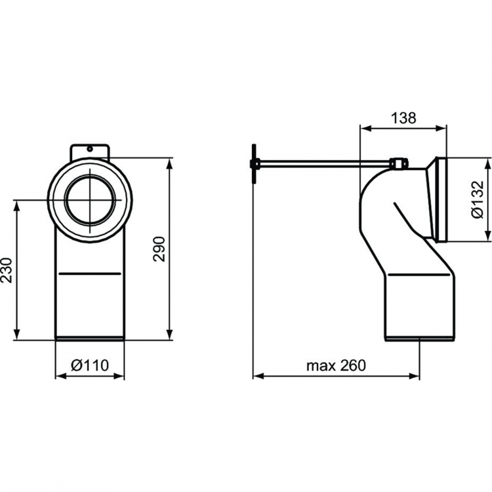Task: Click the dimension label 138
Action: [x=404, y=118]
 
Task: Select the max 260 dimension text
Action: [x=336, y=365]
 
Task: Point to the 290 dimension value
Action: [x=159, y=248]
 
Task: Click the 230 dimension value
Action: [x=7, y=270]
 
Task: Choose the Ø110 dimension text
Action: [x=89, y=365]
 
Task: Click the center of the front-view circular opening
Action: [x=92, y=199]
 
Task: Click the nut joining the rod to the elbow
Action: [x=398, y=163]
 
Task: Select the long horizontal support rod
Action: [x=321, y=163]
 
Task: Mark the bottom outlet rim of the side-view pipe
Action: [x=419, y=339]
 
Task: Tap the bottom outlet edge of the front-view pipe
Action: [x=90, y=338]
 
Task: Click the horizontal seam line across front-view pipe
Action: [x=90, y=272]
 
